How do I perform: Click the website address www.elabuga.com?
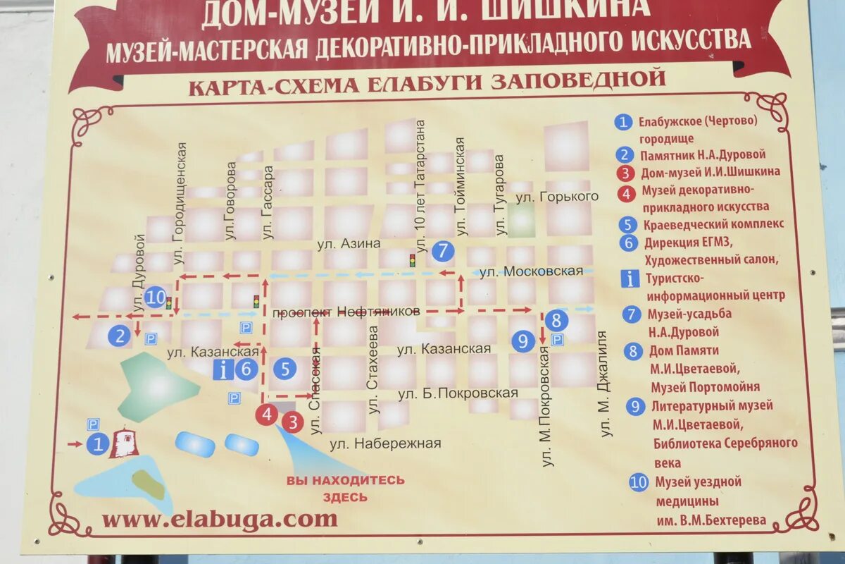click(x=220, y=520)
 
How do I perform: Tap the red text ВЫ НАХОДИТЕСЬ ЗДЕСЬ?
click(x=345, y=488)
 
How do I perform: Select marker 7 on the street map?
click(x=442, y=250)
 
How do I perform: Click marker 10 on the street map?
click(x=156, y=298)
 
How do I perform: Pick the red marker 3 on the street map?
click(x=292, y=422)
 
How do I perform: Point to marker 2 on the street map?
click(x=120, y=336)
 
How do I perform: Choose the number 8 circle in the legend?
click(x=634, y=350)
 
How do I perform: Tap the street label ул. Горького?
click(x=556, y=197)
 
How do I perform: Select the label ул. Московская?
click(x=532, y=271)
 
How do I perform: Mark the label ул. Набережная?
click(x=385, y=443)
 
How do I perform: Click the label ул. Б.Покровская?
click(x=458, y=393)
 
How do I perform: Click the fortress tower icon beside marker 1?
click(x=125, y=443)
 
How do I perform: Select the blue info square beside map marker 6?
click(x=224, y=369)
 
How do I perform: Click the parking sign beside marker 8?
click(x=557, y=341)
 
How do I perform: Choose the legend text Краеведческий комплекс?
click(x=713, y=225)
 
